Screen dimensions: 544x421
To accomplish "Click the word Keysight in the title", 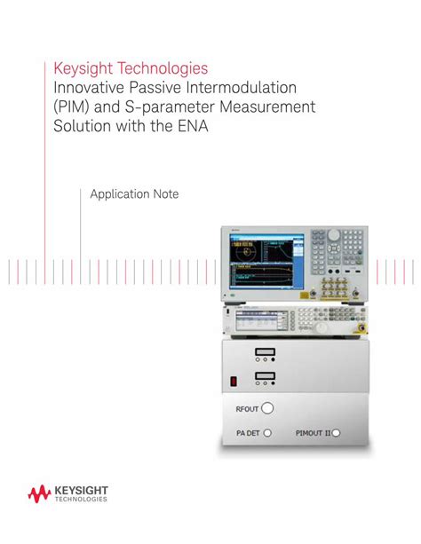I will click(x=82, y=67).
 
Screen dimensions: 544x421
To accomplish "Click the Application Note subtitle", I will click(x=134, y=193).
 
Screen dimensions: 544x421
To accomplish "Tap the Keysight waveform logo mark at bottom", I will click(x=40, y=493).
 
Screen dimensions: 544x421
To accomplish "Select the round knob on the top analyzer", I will click(x=334, y=236).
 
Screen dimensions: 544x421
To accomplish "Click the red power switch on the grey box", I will click(x=234, y=382).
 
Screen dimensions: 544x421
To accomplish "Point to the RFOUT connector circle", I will click(x=267, y=408).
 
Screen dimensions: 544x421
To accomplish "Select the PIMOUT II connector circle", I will click(x=336, y=433).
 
